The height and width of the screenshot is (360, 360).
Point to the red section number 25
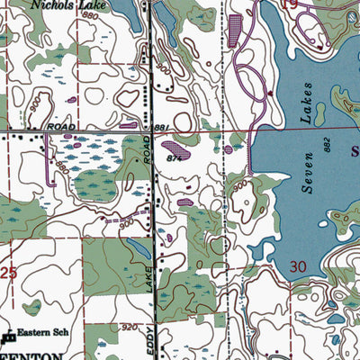(x=8, y=271)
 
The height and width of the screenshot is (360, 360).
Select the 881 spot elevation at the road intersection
(x=161, y=129)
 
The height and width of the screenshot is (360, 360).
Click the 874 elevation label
(x=175, y=158)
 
